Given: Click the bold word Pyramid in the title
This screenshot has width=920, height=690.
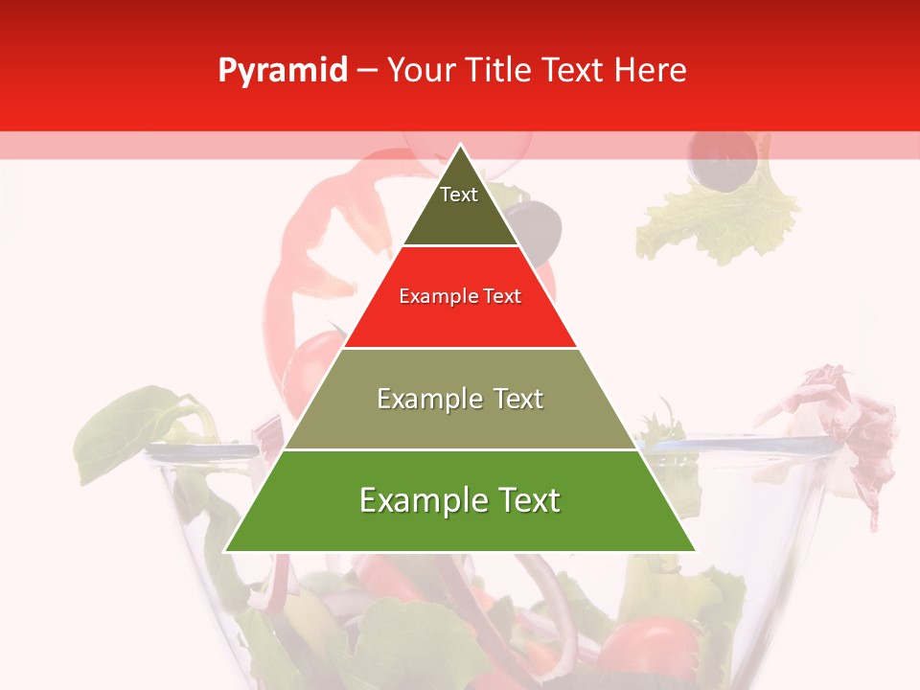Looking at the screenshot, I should [x=283, y=71].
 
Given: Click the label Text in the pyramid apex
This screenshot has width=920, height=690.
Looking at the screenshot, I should [x=459, y=195].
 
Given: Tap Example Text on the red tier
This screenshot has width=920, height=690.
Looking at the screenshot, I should [x=460, y=296].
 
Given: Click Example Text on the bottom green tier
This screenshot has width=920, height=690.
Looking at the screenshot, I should [x=460, y=500].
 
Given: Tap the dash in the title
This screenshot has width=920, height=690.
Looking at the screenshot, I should [x=367, y=71].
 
